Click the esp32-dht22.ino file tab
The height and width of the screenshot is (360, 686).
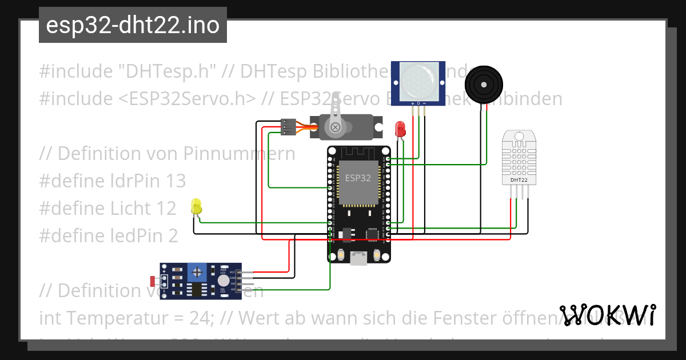(x=133, y=25)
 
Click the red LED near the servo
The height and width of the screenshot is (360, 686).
(x=400, y=128)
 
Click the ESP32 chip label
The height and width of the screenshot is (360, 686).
(x=358, y=178)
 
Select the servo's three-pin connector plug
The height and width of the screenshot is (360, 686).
(x=288, y=127)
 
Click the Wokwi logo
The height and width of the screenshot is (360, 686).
(x=608, y=315)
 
